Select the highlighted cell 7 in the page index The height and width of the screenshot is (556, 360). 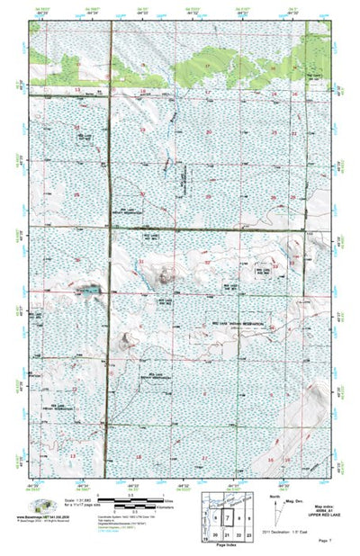[x=227, y=518]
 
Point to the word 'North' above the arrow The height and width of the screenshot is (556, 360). [x=274, y=494]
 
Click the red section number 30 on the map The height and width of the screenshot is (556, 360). [x=142, y=194]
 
